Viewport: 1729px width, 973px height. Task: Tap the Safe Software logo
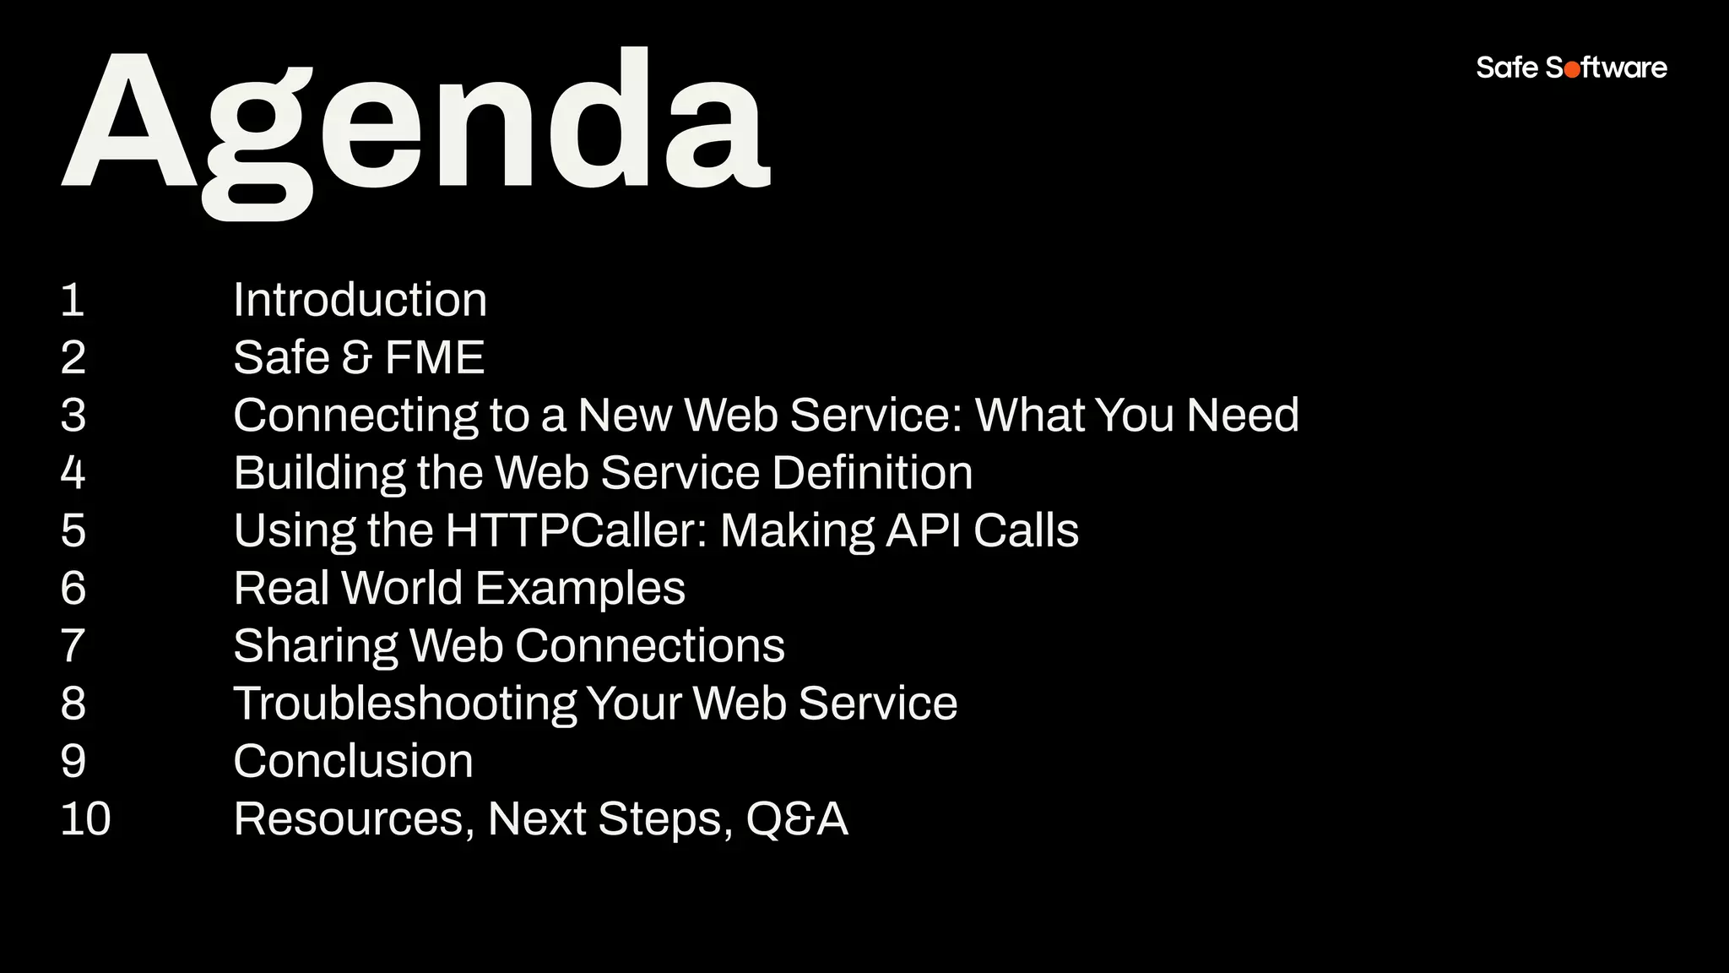1571,68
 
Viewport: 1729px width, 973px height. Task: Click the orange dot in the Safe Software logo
1572,69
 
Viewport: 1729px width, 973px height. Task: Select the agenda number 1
73,301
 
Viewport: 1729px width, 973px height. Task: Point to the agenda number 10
85,819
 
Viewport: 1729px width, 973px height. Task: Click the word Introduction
360,301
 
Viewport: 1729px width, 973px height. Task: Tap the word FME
434,358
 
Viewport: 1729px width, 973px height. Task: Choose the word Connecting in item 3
355,416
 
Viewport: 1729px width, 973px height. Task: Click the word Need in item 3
1242,416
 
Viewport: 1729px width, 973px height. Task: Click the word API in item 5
923,530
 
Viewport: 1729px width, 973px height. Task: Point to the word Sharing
315,646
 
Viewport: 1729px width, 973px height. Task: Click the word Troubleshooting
404,704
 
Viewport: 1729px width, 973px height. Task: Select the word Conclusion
353,761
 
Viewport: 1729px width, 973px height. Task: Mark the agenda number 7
73,646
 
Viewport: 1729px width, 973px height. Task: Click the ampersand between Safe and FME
356,358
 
